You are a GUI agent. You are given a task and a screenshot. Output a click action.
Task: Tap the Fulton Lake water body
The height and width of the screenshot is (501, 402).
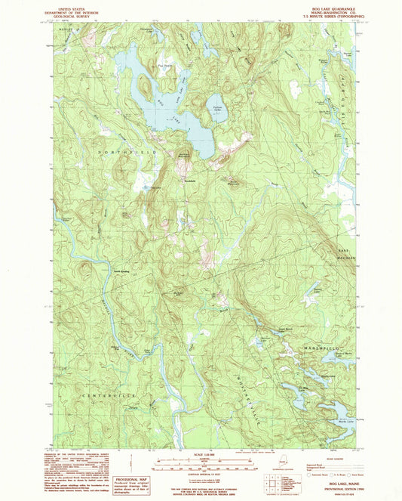click(219, 108)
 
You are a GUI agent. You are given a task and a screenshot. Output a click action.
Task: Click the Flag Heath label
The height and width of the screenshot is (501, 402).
click(164, 65)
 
